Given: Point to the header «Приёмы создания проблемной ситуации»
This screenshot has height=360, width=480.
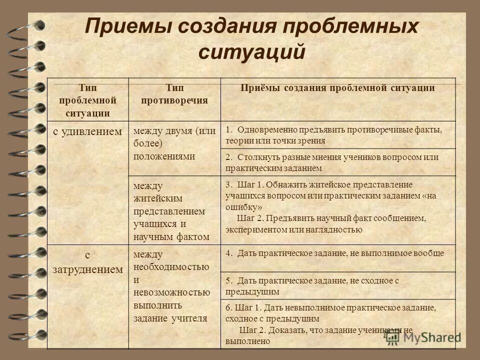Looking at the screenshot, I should pyautogui.click(x=337, y=88).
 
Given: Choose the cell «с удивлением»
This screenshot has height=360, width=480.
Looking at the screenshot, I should pyautogui.click(x=87, y=132).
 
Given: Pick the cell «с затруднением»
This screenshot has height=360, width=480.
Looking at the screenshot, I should pyautogui.click(x=87, y=262).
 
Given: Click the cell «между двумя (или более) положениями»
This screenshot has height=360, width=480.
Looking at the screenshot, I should pyautogui.click(x=174, y=143).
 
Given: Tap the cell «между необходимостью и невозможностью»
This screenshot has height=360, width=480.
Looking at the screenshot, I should pyautogui.click(x=171, y=285).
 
